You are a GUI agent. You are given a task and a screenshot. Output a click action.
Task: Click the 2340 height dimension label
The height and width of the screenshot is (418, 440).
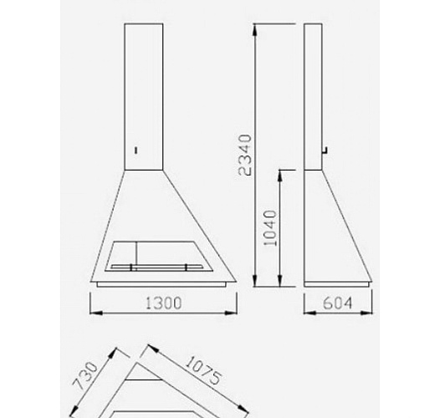[244, 155]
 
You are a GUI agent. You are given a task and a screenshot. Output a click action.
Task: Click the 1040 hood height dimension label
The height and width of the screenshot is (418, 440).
[270, 227]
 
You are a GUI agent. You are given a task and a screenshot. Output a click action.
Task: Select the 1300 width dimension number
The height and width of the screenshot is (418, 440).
[164, 303]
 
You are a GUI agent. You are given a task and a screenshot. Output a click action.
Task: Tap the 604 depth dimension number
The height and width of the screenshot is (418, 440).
[337, 303]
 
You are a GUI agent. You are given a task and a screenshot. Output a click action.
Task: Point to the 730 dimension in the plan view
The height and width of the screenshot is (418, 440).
[85, 376]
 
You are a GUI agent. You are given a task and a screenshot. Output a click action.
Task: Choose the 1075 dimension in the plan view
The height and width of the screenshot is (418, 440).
[203, 370]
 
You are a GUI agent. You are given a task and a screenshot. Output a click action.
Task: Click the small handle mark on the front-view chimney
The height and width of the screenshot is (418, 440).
[136, 150]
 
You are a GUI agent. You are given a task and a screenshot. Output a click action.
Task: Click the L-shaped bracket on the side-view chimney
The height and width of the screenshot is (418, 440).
[325, 150]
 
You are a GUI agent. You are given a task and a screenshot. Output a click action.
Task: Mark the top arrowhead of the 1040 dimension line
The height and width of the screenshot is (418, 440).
[279, 176]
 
